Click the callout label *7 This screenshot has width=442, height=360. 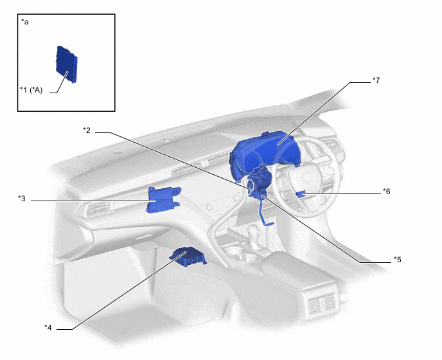click(x=376, y=80)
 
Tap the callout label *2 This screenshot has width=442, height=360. click(x=87, y=130)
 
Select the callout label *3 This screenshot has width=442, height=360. click(x=22, y=199)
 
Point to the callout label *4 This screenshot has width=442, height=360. click(x=48, y=328)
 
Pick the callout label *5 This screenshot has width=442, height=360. click(x=398, y=260)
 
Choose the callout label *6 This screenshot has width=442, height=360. click(x=387, y=192)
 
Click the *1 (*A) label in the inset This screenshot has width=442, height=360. click(x=31, y=90)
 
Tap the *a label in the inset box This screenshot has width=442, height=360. click(x=25, y=22)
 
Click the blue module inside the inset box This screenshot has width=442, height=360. click(x=67, y=64)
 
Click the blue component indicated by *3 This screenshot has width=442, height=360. click(x=163, y=199)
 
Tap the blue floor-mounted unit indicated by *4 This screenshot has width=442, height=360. click(x=188, y=256)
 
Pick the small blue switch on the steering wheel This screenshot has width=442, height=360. click(x=301, y=194)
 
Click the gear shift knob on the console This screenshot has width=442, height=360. click(x=254, y=233)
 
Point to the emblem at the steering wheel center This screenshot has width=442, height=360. click(x=307, y=177)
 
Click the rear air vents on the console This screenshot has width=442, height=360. click(x=323, y=304)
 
